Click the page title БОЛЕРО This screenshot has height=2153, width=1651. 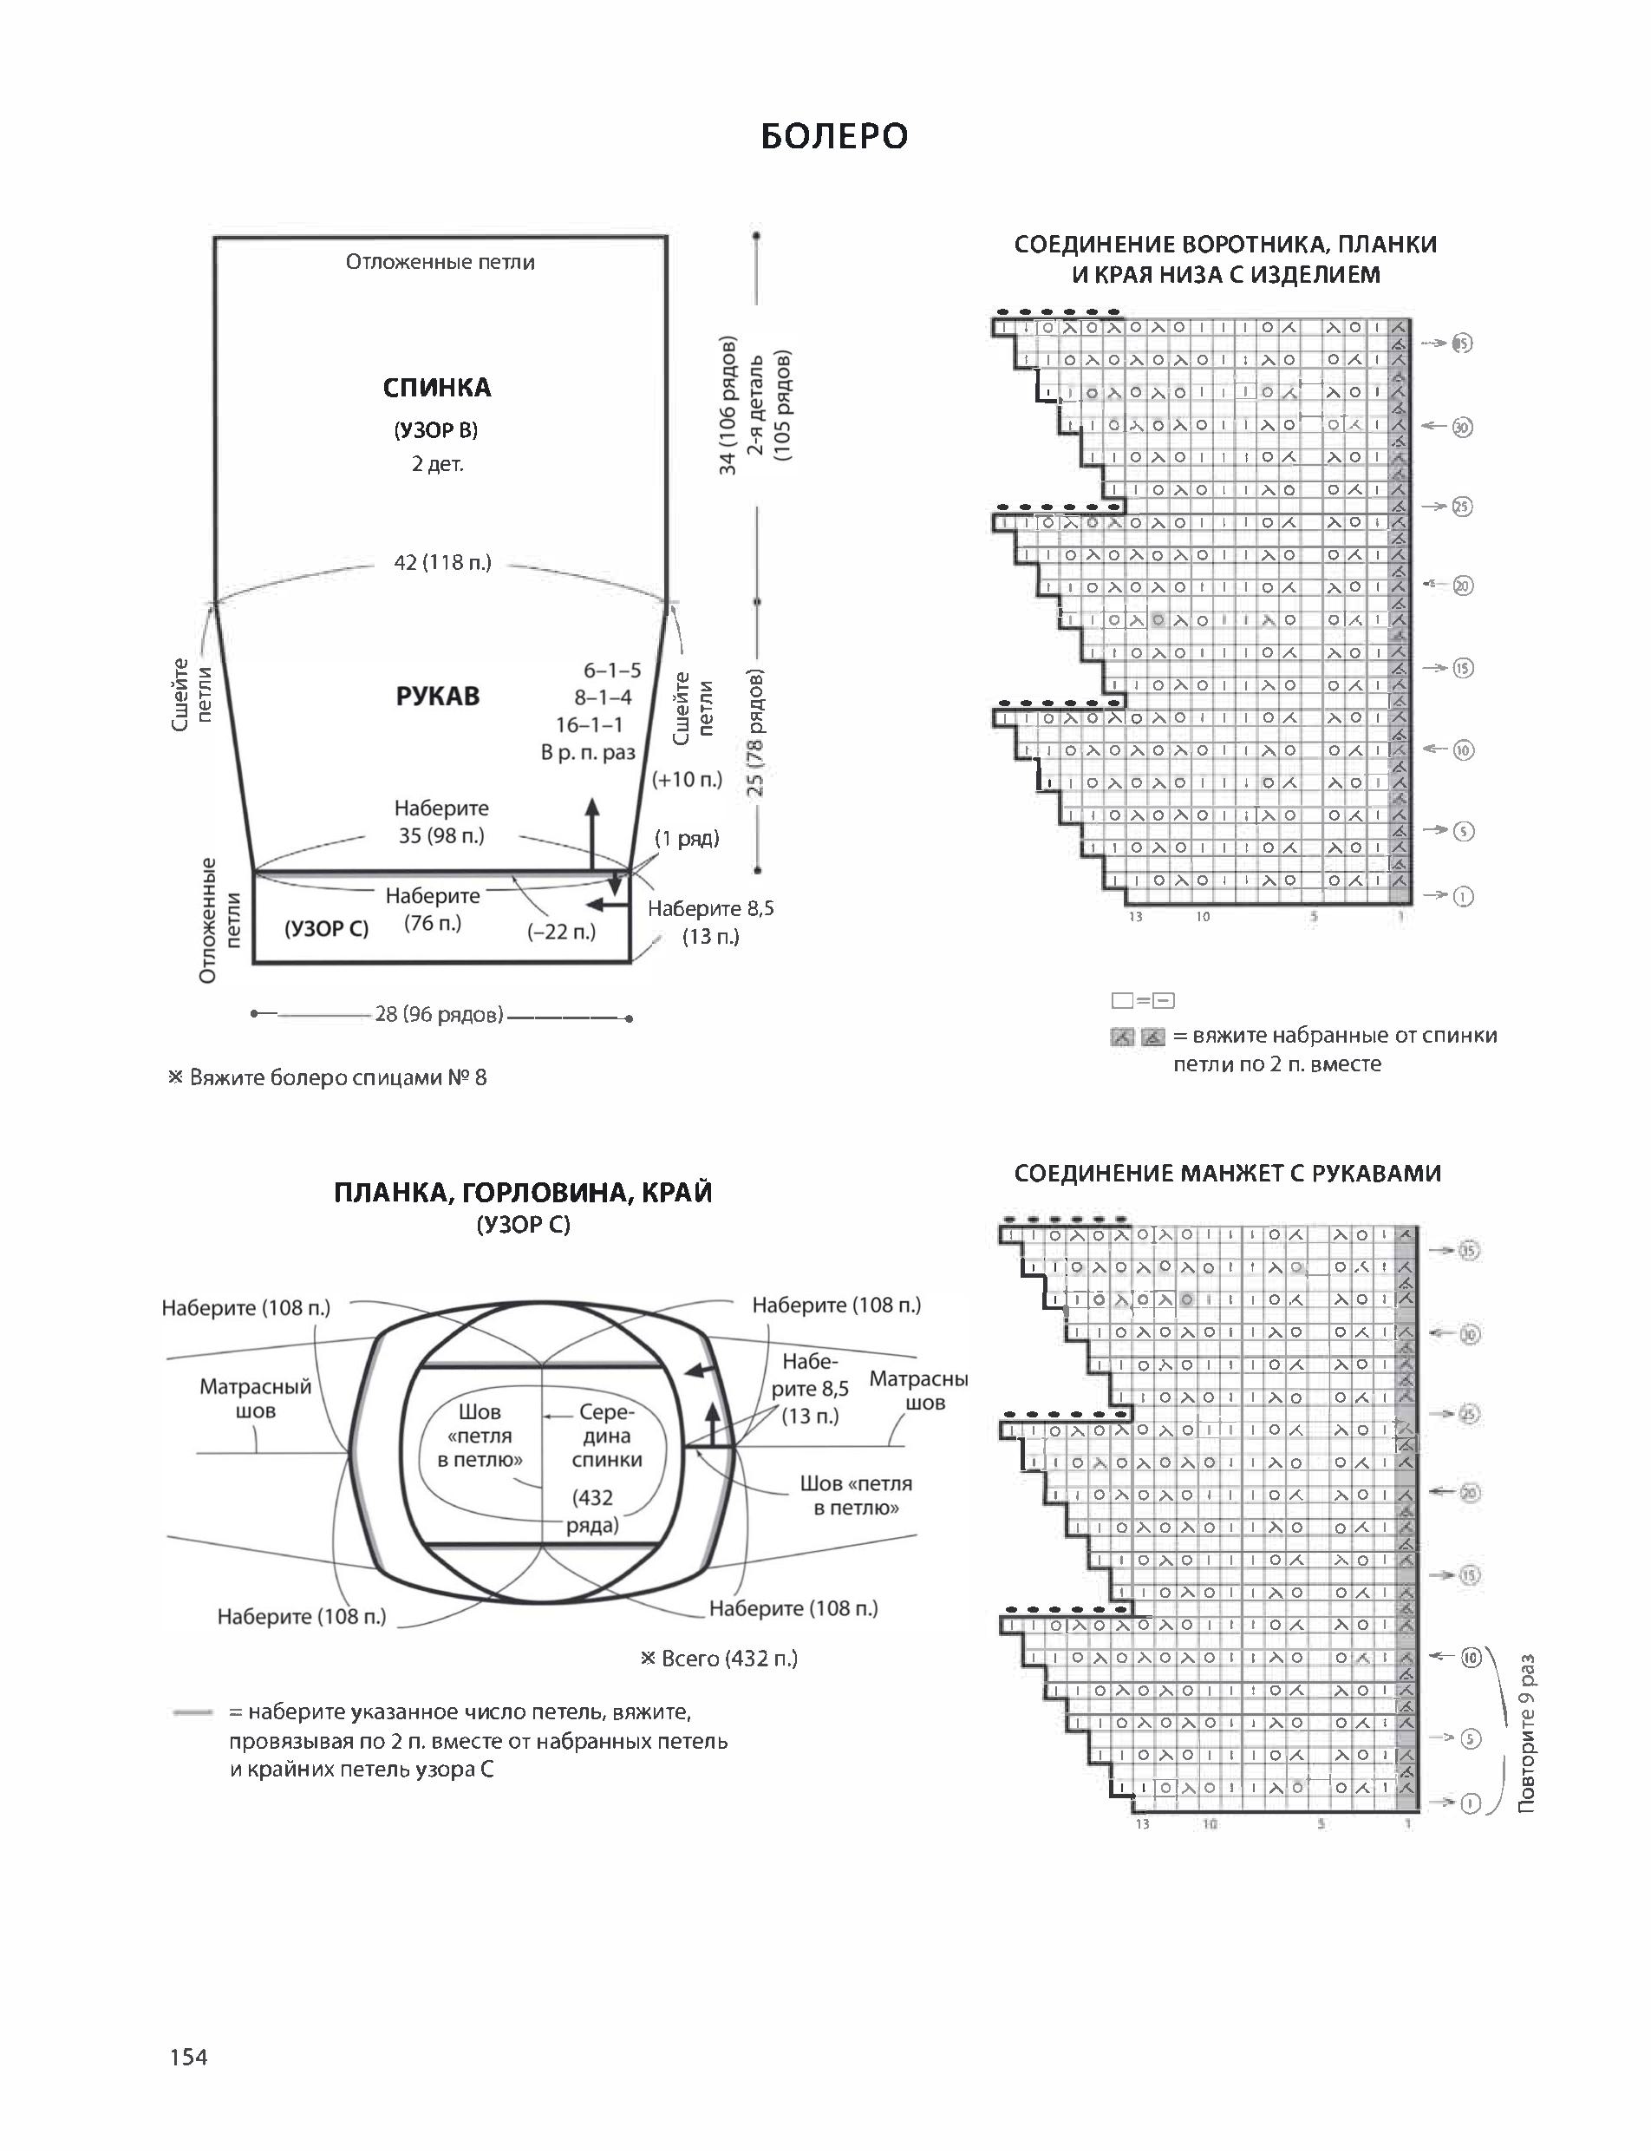(x=833, y=137)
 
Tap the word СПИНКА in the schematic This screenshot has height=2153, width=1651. (x=436, y=388)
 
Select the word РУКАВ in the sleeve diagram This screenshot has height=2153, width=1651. (x=437, y=696)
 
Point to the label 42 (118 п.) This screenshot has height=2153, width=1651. (x=442, y=562)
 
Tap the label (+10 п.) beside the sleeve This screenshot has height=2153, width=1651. (x=687, y=780)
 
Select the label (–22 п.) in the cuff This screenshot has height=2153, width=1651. (x=561, y=931)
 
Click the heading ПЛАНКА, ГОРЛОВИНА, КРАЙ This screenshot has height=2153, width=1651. (x=523, y=1193)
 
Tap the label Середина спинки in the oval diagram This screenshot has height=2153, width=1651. (x=606, y=1436)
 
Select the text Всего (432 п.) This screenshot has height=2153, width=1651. (x=720, y=1659)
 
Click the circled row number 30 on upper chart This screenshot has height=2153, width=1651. (x=1462, y=427)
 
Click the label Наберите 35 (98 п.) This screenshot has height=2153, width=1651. (x=441, y=821)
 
